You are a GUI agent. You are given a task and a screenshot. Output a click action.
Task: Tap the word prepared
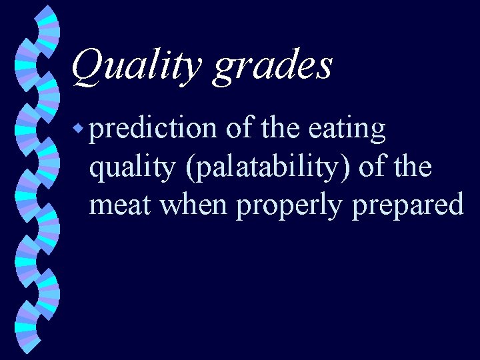point(407,205)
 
